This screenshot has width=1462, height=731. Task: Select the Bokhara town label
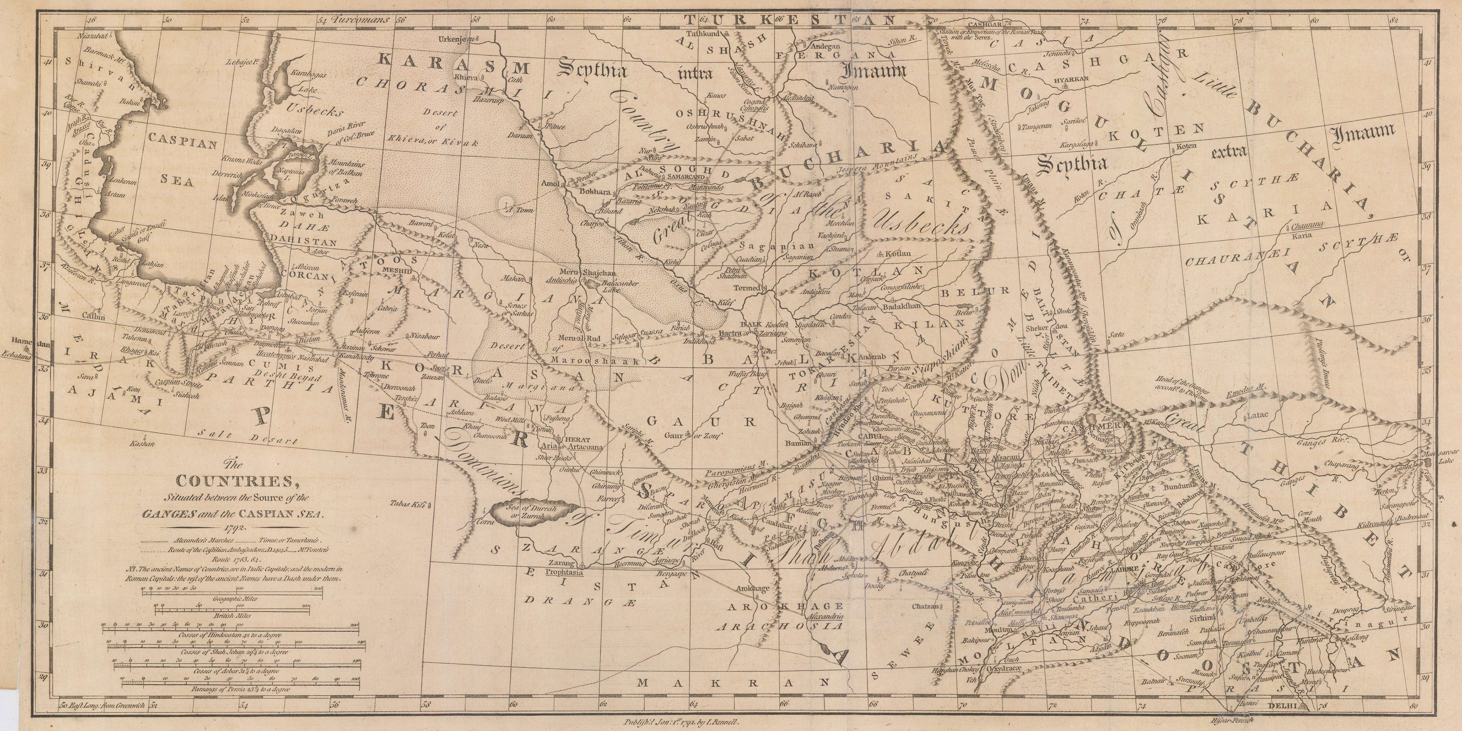[x=594, y=192]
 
